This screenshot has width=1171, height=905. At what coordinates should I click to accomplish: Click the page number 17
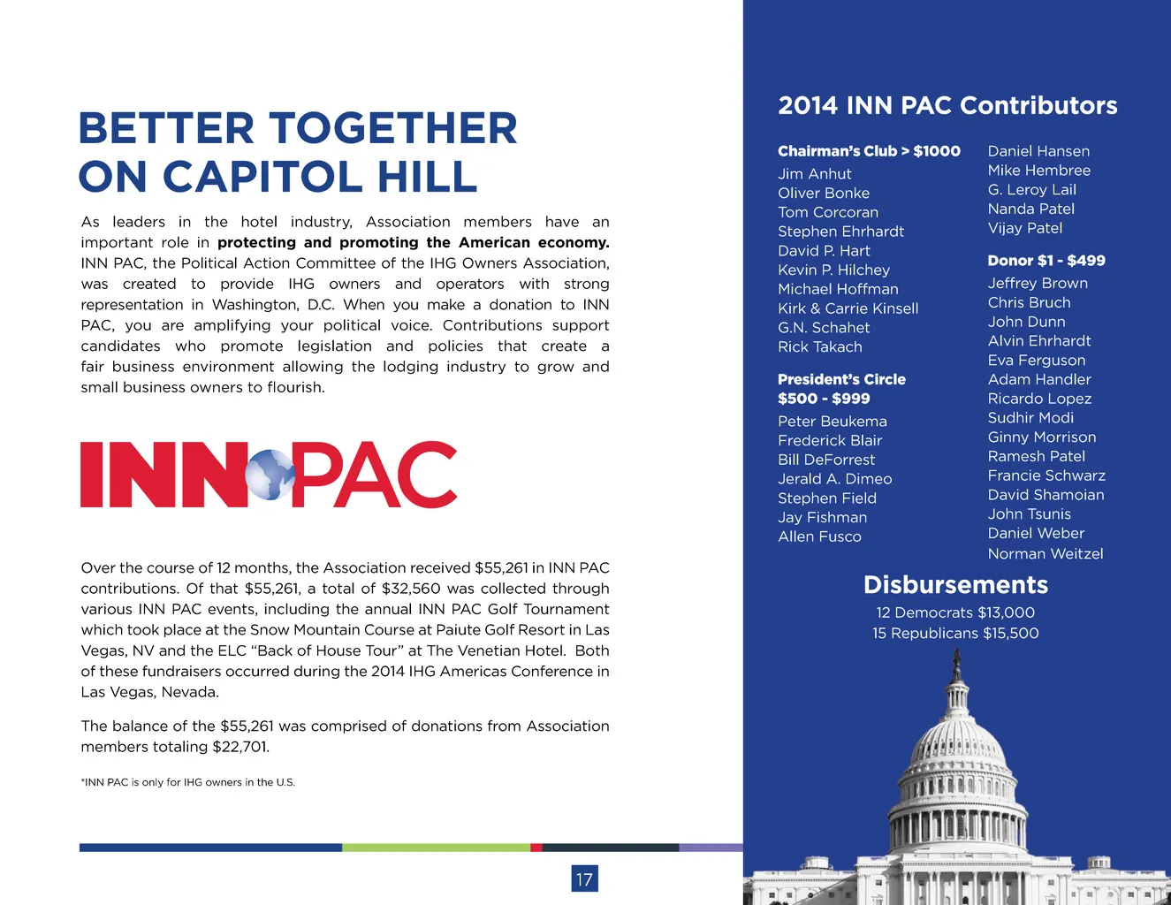tap(584, 878)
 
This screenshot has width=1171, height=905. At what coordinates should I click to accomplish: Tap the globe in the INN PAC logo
tap(270, 475)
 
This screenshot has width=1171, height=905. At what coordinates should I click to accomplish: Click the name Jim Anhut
tap(814, 174)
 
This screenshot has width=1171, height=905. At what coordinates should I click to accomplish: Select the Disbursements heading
tap(955, 585)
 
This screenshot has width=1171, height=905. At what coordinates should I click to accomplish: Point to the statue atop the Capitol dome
tap(955, 662)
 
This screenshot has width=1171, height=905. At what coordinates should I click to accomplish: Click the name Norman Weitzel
tap(1045, 554)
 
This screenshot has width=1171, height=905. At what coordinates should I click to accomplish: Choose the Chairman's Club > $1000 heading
tap(869, 151)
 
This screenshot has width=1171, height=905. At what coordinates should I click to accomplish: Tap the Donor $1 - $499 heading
tap(1046, 261)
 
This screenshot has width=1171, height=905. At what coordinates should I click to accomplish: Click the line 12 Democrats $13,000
tap(955, 612)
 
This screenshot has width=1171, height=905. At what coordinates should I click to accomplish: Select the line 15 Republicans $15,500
tap(955, 634)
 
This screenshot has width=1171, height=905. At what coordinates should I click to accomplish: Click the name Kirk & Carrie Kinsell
tap(848, 308)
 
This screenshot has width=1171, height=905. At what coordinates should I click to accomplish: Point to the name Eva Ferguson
tap(1036, 361)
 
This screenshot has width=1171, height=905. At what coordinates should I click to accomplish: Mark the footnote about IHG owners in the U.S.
tap(187, 782)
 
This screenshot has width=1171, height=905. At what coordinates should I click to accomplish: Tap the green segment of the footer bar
tap(436, 848)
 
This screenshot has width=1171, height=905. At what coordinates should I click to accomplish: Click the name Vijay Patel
tap(1024, 228)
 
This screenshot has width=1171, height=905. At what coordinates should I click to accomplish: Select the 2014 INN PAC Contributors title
tap(947, 106)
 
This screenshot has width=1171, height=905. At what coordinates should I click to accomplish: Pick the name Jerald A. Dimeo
tap(834, 479)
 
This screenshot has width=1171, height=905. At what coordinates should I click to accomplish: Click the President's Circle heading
tap(841, 379)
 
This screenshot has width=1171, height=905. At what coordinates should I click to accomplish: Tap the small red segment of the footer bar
tap(536, 848)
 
